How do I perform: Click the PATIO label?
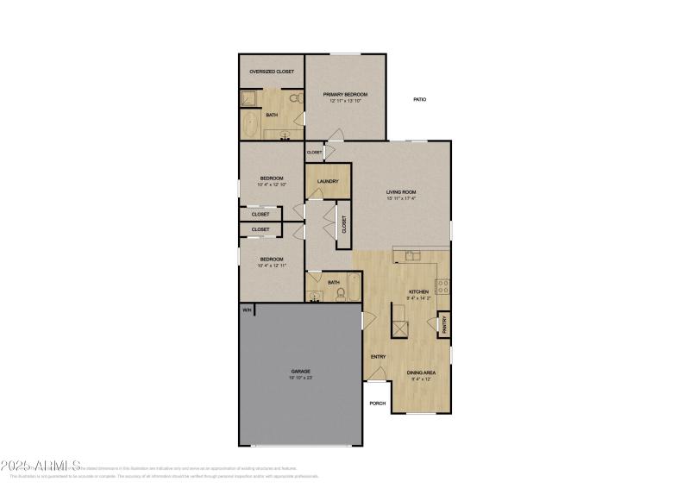419,100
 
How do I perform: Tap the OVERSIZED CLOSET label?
272,72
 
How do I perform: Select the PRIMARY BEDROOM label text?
346,94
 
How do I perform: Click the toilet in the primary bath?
295,99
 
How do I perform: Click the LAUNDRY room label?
328,181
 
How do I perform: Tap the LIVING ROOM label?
402,191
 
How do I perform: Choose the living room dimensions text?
402,198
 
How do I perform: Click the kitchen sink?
412,255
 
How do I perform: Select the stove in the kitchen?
442,286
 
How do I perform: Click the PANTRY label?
444,324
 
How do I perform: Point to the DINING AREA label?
422,372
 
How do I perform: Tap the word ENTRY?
378,357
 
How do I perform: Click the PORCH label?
377,403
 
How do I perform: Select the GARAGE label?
300,372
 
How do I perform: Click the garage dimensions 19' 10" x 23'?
300,379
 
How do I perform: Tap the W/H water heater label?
247,310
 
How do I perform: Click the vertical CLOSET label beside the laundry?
344,225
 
